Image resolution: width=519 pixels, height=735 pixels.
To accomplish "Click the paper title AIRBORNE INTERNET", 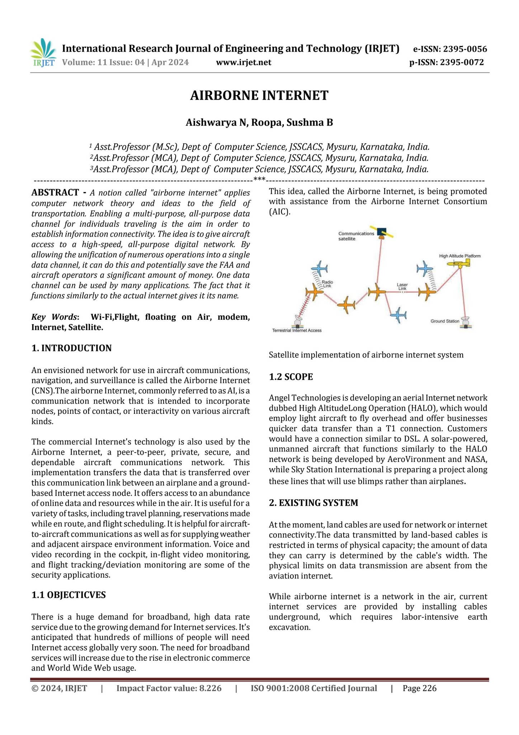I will [x=259, y=95].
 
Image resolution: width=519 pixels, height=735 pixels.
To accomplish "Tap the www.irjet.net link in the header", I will [x=244, y=62].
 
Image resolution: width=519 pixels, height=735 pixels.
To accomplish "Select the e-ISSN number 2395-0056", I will [x=465, y=49].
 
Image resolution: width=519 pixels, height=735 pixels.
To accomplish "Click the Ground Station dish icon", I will [x=466, y=322].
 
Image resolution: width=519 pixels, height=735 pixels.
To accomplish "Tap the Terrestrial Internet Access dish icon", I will [x=298, y=321].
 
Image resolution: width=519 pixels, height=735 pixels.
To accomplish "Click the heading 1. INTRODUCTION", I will [x=71, y=348].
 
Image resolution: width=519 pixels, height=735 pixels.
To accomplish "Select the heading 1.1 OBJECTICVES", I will [x=69, y=595].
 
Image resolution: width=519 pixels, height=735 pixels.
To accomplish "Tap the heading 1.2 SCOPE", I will [x=291, y=377].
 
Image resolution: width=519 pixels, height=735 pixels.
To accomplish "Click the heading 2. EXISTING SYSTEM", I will [x=313, y=503].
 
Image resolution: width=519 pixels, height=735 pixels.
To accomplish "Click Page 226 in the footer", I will [x=419, y=688].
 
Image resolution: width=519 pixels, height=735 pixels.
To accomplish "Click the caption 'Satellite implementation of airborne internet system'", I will [x=366, y=355].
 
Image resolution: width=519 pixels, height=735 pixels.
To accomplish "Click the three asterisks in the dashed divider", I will [x=259, y=179].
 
